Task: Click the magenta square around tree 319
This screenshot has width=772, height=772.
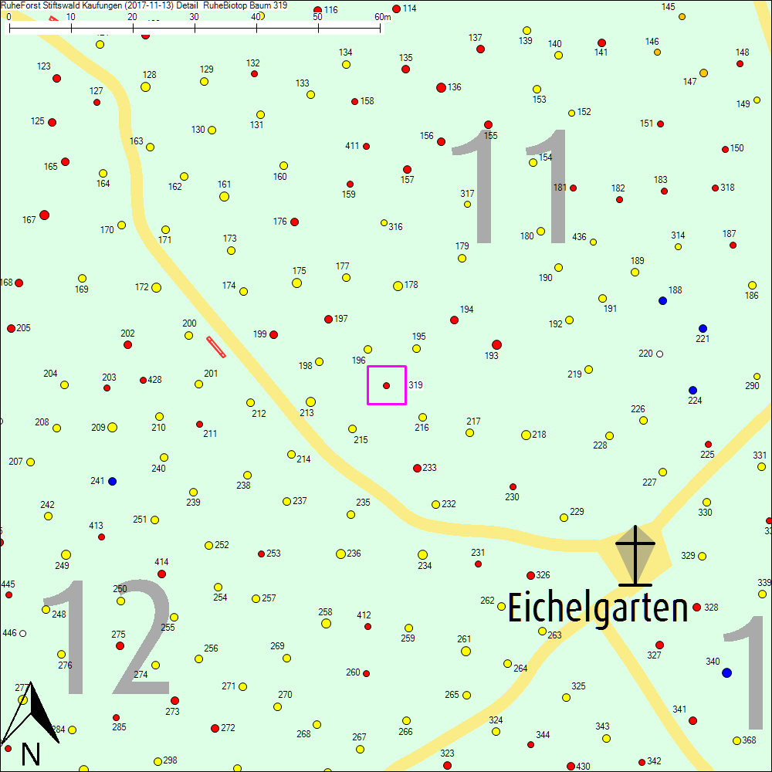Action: click(x=387, y=384)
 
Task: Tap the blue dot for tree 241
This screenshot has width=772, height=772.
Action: click(x=112, y=481)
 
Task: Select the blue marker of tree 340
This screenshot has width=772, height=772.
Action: click(x=726, y=673)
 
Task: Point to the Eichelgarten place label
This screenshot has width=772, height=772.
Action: click(x=598, y=608)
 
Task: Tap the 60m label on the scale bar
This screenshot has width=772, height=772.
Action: click(x=383, y=17)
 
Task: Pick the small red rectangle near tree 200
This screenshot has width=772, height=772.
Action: click(x=216, y=347)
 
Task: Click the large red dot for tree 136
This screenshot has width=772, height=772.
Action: click(x=441, y=87)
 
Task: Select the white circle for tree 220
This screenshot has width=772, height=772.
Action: click(x=659, y=354)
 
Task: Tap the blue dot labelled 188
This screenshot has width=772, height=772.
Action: click(x=662, y=300)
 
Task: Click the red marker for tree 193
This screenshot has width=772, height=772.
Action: click(x=496, y=344)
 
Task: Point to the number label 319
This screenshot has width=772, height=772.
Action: click(x=415, y=384)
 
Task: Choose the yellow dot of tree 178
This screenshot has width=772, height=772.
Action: click(x=398, y=286)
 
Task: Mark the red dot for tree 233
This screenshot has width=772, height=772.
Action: click(x=417, y=468)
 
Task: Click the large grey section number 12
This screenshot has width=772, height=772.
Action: click(x=108, y=637)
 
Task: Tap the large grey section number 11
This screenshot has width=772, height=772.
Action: click(x=510, y=187)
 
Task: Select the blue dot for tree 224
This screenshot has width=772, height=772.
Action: click(x=692, y=390)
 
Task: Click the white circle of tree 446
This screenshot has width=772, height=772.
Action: click(x=23, y=633)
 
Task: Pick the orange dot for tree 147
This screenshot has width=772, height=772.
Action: click(x=703, y=73)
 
